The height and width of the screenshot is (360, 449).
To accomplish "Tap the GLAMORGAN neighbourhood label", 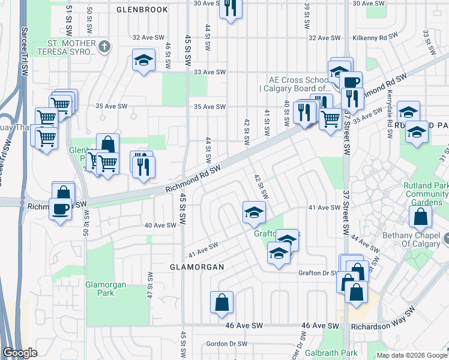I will coord(197,266).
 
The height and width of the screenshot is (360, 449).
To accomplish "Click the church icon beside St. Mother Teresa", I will coord(104,47).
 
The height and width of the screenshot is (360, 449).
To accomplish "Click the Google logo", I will coord(20,353).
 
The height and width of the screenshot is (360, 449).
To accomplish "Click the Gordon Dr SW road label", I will coord(226,344).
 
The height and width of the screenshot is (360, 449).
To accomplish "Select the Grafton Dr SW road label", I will coord(319,272).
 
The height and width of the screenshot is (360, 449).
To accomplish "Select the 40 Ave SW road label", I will coord(160,225).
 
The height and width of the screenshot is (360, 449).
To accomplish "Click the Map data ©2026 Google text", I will coord(411,355).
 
